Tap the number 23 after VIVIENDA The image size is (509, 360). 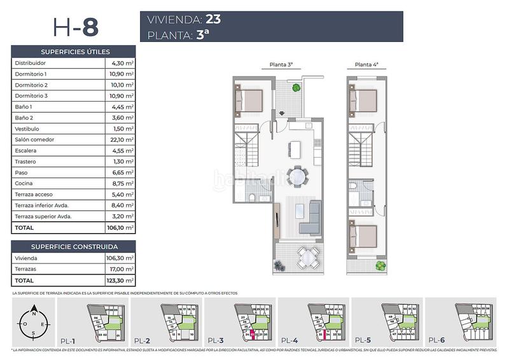click(x=214, y=20)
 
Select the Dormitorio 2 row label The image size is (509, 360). click(x=31, y=85)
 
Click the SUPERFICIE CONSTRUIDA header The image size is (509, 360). click(x=74, y=246)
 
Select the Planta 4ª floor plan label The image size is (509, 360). click(x=366, y=64)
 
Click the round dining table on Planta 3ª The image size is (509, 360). click(x=295, y=176)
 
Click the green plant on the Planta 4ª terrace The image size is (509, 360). click(x=380, y=265)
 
